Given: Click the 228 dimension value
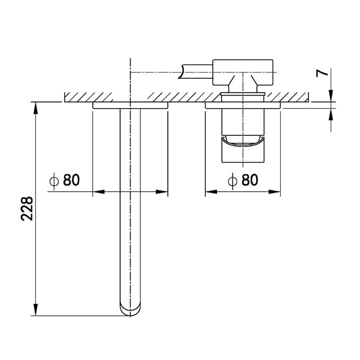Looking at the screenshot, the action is tap(27, 208).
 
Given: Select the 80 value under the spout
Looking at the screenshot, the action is tap(71, 179).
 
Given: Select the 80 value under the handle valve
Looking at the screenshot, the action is tap(250, 179).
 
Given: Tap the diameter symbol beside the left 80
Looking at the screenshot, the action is tap(54, 181).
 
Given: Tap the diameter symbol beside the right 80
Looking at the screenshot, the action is tap(232, 181).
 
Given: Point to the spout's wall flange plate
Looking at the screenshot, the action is tap(130, 105).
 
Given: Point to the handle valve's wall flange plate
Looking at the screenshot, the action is tap(243, 105).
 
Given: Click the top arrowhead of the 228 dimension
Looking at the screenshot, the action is tap(35, 107).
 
